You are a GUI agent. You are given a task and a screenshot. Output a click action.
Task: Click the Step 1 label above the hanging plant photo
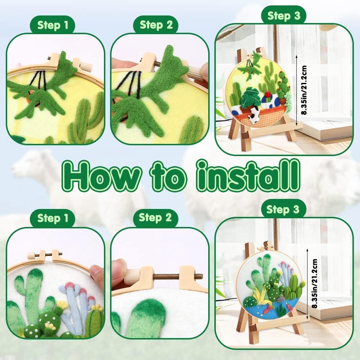(53, 25)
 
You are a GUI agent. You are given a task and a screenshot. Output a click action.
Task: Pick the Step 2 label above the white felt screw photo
(155, 218)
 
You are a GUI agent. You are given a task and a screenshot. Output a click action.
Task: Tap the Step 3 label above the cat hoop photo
(284, 16)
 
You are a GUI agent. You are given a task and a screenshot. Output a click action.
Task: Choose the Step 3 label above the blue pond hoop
(283, 209)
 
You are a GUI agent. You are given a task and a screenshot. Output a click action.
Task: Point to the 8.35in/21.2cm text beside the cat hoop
(304, 90)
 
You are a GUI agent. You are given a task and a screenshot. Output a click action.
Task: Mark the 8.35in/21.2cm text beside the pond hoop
(315, 283)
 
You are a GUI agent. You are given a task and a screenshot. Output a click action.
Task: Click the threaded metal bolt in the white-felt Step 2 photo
(178, 277)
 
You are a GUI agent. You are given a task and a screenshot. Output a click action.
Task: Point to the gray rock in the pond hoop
(280, 299)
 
